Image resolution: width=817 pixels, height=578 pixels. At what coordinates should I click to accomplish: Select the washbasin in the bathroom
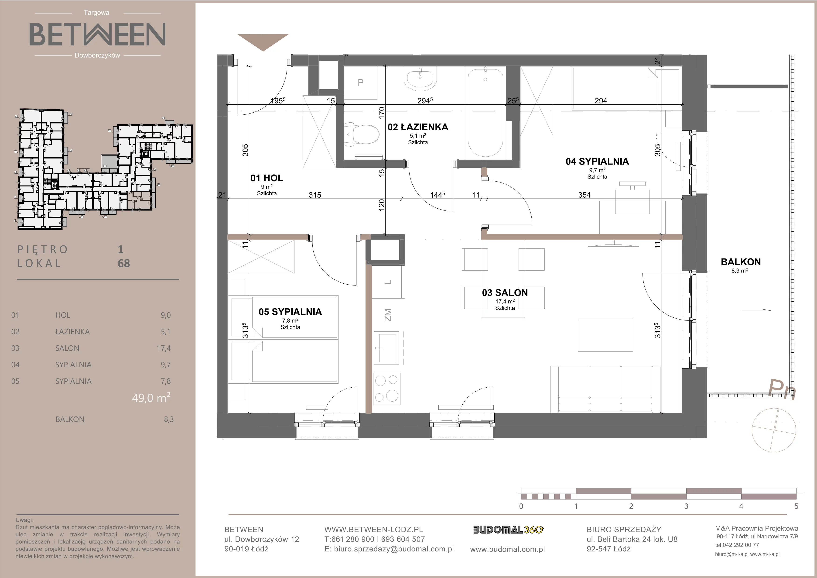[x=420, y=79]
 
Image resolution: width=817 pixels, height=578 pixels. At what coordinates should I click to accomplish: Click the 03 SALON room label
[x=505, y=293]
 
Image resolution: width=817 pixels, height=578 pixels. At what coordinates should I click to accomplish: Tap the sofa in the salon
[x=605, y=389]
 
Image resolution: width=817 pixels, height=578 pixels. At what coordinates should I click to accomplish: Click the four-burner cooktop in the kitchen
[x=386, y=389]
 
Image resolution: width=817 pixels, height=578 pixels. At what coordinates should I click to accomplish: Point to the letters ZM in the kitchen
[x=388, y=315]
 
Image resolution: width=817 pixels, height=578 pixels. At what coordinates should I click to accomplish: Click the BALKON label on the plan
[x=741, y=262]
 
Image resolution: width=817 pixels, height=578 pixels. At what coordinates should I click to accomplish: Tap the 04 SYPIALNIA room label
[x=597, y=162]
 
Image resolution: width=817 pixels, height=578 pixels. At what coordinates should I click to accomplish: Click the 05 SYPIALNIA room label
[x=290, y=312]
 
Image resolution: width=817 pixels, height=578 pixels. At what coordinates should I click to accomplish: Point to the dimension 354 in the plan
[x=584, y=195]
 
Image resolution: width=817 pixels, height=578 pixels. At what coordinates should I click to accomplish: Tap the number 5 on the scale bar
[x=796, y=506]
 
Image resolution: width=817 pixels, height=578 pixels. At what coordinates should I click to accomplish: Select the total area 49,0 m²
[x=151, y=397]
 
